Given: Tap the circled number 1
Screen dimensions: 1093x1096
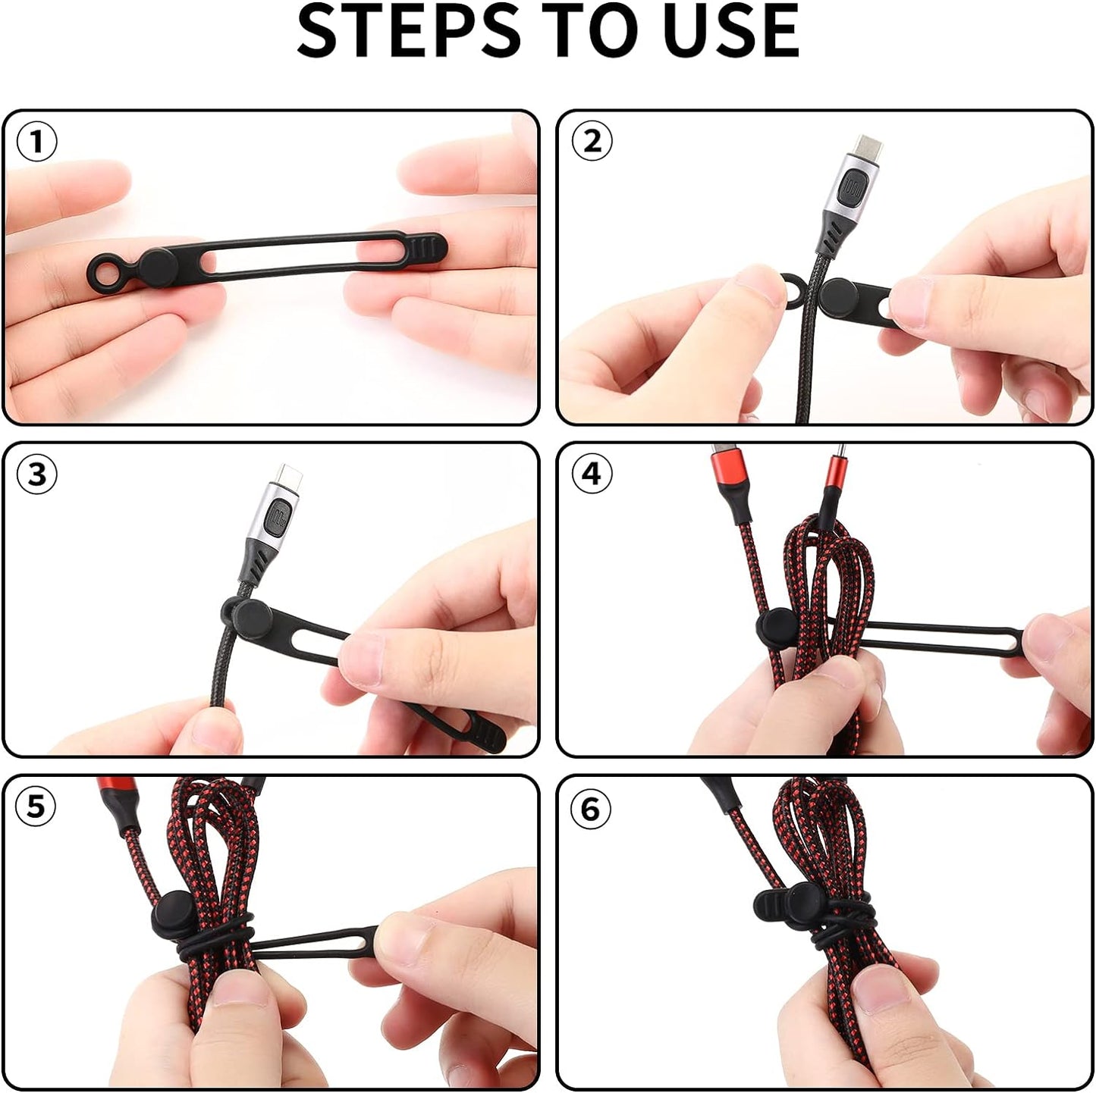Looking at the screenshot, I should coord(36,141).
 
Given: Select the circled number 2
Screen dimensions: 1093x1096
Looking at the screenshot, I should coord(592,141).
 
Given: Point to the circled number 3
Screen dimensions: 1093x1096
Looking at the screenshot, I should coord(36,474).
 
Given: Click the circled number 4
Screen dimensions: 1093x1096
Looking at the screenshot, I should coord(592,474).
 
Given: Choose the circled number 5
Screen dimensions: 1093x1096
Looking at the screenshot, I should coord(36,806).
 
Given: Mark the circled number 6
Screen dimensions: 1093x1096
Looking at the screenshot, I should coord(592,810).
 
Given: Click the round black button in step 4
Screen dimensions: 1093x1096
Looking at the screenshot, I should coord(779,625).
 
